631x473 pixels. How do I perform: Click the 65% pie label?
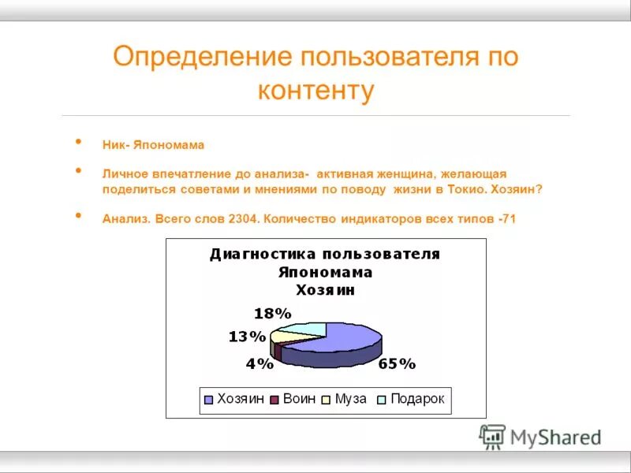(396, 364)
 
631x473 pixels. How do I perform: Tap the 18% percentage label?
(272, 313)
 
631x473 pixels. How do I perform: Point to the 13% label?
(247, 337)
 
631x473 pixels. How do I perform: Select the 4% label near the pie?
(259, 364)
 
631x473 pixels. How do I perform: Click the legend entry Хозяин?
(239, 399)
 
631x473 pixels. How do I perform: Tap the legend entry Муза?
(350, 399)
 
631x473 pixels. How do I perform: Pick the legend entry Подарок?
(417, 399)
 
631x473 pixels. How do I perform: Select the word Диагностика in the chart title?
(255, 254)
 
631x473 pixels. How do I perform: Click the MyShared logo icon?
(493, 436)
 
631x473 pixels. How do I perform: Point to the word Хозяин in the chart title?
(325, 290)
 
